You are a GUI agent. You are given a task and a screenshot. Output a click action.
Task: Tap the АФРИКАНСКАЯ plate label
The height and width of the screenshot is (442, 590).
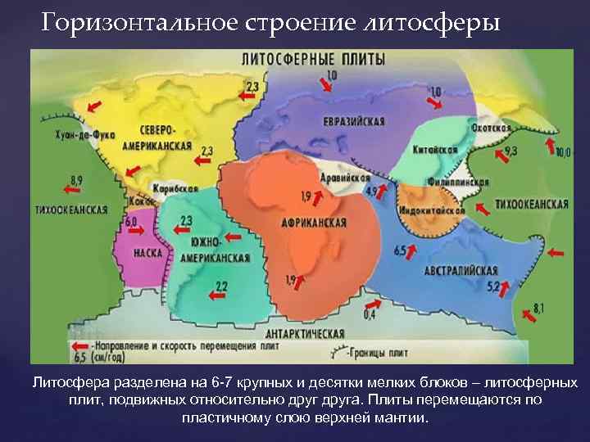point(312,223)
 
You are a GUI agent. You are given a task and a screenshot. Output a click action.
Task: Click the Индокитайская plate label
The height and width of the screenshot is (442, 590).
point(433,210)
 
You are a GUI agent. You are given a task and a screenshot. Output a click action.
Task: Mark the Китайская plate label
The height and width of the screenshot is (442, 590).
point(434,151)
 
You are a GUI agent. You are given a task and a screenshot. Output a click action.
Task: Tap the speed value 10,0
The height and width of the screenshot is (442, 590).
point(562,152)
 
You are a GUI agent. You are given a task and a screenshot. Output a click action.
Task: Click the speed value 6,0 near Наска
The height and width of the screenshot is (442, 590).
point(131,222)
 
